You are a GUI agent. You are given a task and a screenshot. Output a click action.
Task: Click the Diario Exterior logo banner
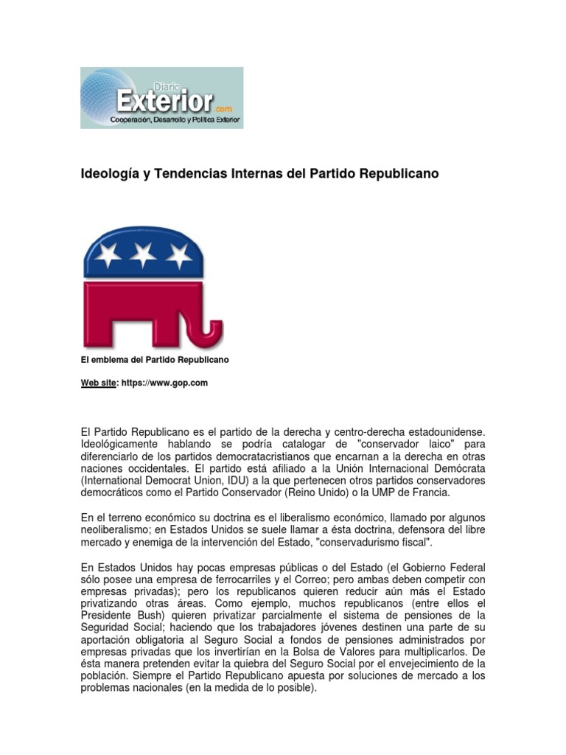(161, 98)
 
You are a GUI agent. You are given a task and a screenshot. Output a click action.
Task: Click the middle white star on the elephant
(143, 255)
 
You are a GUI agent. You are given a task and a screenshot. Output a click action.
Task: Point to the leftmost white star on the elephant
(108, 255)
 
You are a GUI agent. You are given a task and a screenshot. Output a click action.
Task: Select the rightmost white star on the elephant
(178, 255)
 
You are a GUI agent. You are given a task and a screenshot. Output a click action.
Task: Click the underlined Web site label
(98, 383)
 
